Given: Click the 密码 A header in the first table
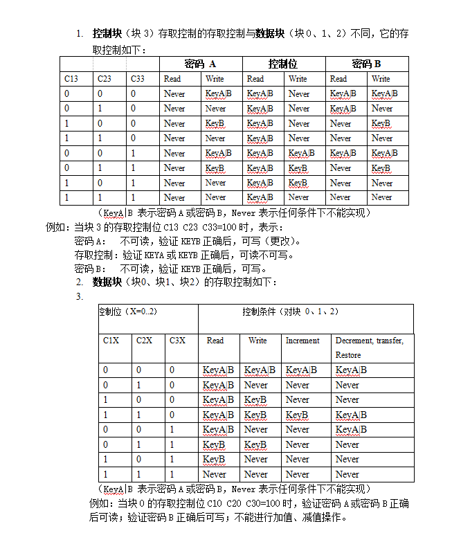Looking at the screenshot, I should (201, 64).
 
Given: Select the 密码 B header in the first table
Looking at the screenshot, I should (367, 64).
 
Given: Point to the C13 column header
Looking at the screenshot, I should (71, 79).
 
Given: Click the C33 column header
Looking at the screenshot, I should (137, 79).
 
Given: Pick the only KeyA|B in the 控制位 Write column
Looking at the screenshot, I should (301, 153).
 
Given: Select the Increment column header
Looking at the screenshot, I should (302, 341).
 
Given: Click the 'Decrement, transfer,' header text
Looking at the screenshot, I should (369, 341).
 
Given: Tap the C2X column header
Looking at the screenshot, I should (145, 341).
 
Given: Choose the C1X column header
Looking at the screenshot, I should (111, 341).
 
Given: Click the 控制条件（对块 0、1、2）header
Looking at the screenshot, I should (290, 311).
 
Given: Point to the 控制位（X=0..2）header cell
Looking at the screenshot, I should (128, 311).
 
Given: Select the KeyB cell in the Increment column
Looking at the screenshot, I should (297, 415).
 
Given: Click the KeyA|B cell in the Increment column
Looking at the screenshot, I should (301, 370).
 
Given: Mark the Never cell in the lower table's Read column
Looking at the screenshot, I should (215, 474).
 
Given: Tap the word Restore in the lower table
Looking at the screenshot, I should (348, 355).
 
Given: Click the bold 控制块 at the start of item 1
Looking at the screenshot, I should (107, 33).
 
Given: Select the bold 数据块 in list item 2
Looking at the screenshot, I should (107, 282).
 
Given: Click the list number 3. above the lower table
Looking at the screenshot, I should (79, 296).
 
